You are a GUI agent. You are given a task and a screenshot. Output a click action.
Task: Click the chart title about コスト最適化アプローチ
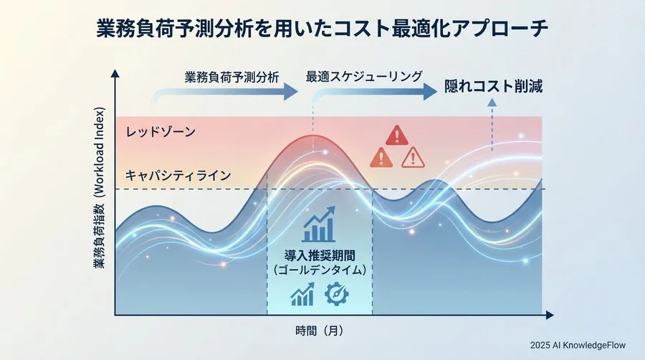(x=322, y=29)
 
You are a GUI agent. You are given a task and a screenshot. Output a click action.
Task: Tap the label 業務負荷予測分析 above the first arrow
(x=231, y=77)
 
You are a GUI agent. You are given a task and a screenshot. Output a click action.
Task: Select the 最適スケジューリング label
(x=364, y=76)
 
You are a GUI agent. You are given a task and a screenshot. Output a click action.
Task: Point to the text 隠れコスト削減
(x=493, y=85)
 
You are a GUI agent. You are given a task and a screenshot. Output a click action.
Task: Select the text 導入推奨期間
(x=320, y=255)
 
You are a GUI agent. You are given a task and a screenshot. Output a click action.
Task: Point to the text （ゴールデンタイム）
(x=320, y=270)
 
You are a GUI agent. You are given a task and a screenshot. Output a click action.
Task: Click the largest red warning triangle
(x=396, y=135)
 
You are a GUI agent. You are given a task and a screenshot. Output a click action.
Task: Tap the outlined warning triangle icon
(x=413, y=157)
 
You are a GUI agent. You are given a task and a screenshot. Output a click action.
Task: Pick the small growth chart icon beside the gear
(x=302, y=294)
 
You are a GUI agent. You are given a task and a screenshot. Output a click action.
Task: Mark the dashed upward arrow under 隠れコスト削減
(x=492, y=115)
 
